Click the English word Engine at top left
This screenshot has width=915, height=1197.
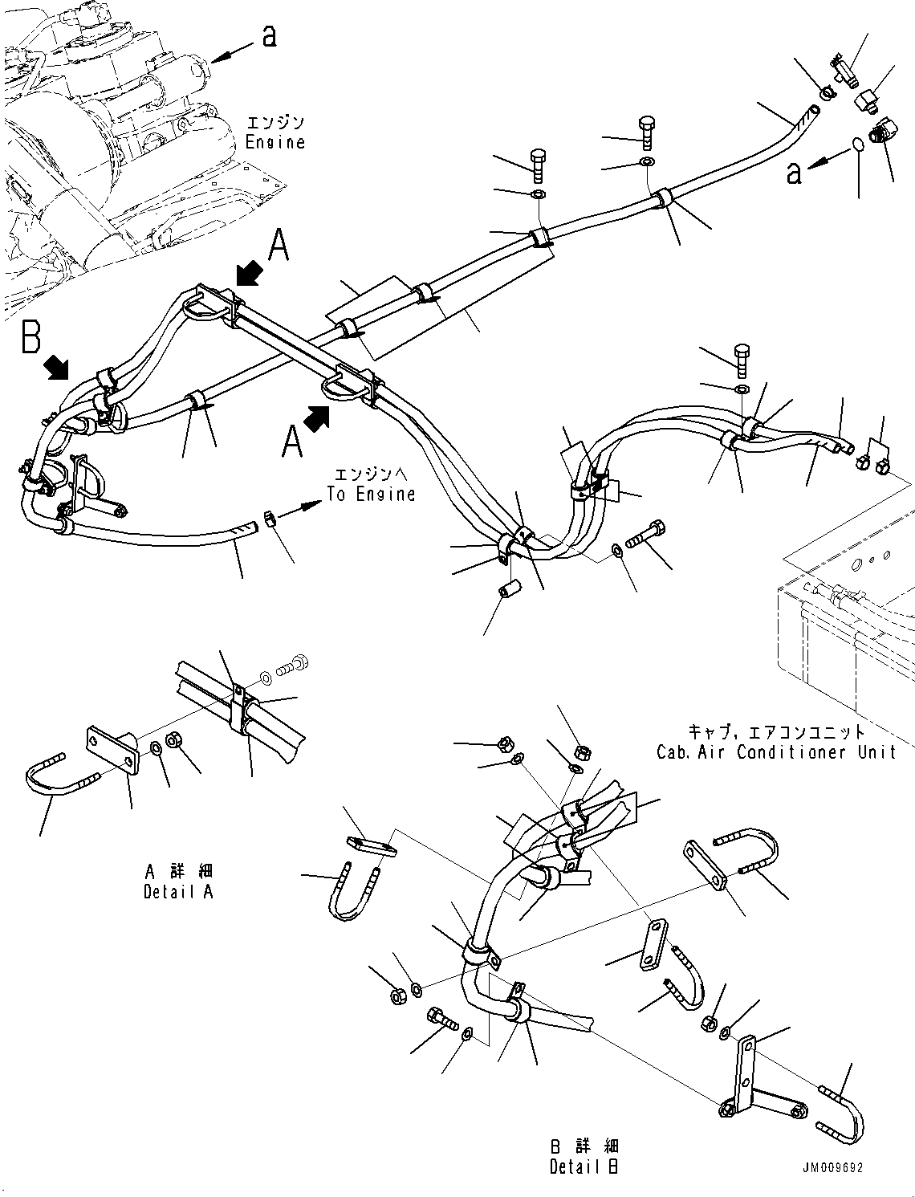[x=274, y=142]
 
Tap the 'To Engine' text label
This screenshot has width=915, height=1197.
[x=371, y=494]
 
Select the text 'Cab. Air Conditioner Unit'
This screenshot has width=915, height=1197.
[x=775, y=752]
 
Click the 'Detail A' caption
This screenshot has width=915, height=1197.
[x=178, y=891]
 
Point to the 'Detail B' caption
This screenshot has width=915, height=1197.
[x=584, y=1166]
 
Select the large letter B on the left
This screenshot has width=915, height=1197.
[x=31, y=337]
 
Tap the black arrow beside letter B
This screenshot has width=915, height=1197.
[x=57, y=368]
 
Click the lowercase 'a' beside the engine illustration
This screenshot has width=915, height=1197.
[x=270, y=35]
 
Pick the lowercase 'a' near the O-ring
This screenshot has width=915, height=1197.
[x=793, y=172]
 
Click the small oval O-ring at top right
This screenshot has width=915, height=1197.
[x=858, y=145]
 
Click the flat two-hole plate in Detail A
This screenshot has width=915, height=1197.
[x=112, y=750]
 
